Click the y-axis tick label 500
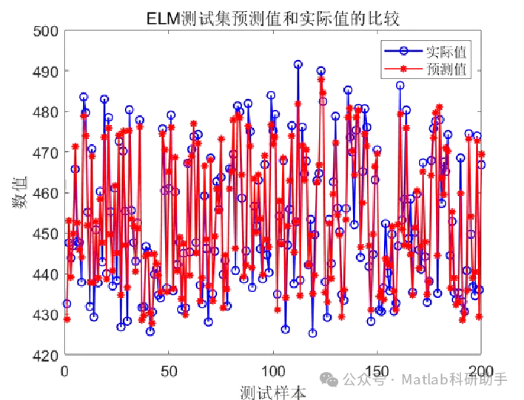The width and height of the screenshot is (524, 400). click(45, 31)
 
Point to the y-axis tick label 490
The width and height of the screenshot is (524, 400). click(45, 72)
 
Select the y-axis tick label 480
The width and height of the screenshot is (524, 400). click(45, 112)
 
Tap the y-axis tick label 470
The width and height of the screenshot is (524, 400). click(45, 152)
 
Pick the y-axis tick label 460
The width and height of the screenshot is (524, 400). click(45, 193)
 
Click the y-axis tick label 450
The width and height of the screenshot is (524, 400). click(45, 234)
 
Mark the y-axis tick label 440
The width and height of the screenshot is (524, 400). click(45, 274)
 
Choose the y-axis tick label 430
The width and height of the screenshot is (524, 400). click(45, 315)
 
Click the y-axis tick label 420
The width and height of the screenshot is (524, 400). click(45, 355)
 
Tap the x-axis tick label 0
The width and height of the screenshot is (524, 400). click(65, 370)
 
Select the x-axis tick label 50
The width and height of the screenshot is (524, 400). click(169, 370)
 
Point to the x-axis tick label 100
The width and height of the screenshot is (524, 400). click(274, 370)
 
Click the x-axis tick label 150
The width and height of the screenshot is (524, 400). click(378, 370)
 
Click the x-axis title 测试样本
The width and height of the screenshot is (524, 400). click(273, 390)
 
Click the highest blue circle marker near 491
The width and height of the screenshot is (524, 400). click(298, 64)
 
